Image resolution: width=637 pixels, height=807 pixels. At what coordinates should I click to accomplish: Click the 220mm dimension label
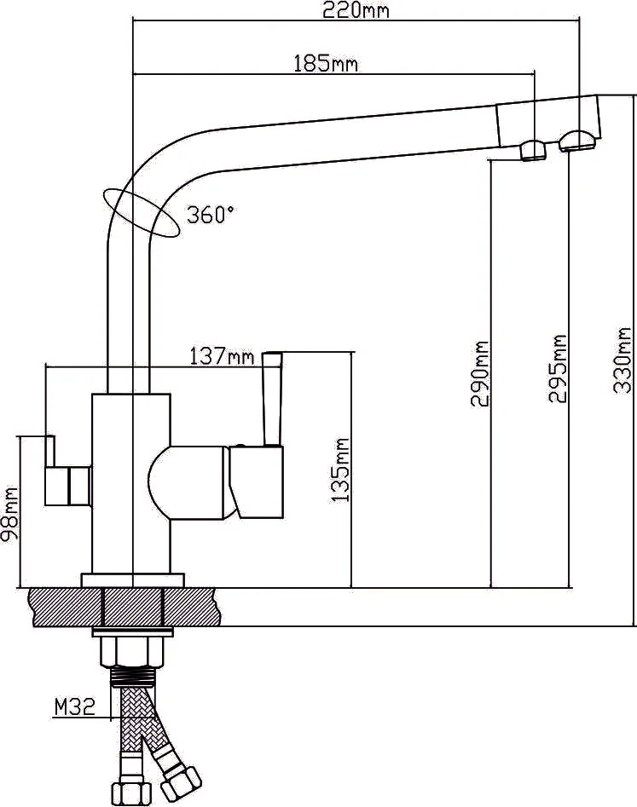click(x=356, y=10)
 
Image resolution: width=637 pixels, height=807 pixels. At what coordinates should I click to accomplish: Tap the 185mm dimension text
click(x=326, y=64)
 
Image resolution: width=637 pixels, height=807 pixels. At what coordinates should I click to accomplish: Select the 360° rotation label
click(x=211, y=214)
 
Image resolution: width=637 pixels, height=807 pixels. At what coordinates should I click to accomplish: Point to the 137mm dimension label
click(x=222, y=355)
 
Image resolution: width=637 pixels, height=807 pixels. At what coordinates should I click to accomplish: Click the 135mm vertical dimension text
click(x=340, y=470)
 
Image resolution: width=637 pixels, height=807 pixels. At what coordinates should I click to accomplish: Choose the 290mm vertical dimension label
click(x=480, y=373)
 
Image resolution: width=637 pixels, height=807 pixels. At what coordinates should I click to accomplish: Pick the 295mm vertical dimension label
click(x=558, y=368)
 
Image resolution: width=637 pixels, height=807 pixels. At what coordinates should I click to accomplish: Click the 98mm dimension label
click(x=9, y=516)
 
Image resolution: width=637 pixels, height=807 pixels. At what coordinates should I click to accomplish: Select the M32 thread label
click(x=75, y=707)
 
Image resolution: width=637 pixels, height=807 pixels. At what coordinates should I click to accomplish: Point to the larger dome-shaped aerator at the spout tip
click(x=579, y=141)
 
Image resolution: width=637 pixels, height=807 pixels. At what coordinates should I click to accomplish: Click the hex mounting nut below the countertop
click(x=132, y=652)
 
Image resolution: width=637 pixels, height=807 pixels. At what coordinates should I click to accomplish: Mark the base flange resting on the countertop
click(x=133, y=580)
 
